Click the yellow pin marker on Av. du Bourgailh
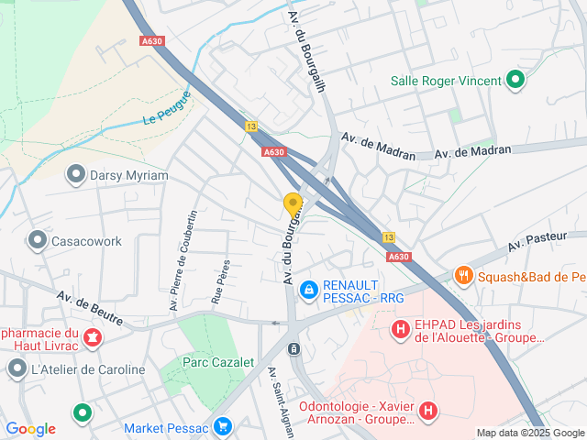[x=293, y=204]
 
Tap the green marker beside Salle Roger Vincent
[x=515, y=81]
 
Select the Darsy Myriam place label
[x=129, y=175]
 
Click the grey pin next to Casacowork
[x=38, y=241]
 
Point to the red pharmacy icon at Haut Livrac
[x=92, y=339]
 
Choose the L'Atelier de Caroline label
[x=88, y=369]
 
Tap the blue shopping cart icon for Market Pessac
[x=222, y=426]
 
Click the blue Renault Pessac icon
[x=309, y=290]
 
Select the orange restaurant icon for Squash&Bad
[x=465, y=275]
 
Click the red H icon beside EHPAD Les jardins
[x=401, y=327]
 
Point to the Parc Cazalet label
[x=218, y=362]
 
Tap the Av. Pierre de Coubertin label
[x=183, y=260]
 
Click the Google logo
[x=31, y=428]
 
